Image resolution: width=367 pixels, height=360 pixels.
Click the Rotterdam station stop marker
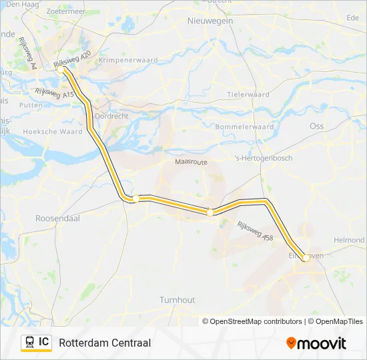click(x=61, y=69)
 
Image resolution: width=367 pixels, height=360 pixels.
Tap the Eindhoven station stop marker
click(x=306, y=257)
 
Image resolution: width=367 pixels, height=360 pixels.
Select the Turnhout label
click(x=177, y=300)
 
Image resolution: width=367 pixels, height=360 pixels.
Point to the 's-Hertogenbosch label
click(x=264, y=158)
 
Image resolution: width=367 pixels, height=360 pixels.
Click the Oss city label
click(x=316, y=125)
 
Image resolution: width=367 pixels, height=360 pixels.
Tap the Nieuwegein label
click(x=210, y=21)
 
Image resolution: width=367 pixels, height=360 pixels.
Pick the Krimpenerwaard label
click(x=127, y=60)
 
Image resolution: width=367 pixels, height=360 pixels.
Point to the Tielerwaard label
click(x=248, y=95)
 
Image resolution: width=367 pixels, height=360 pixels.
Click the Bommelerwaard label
click(x=245, y=127)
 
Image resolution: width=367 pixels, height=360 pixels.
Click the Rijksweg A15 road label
click(x=55, y=93)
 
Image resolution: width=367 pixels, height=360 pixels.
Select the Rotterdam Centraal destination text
click(x=105, y=343)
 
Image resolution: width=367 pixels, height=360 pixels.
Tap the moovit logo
click(x=316, y=343)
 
